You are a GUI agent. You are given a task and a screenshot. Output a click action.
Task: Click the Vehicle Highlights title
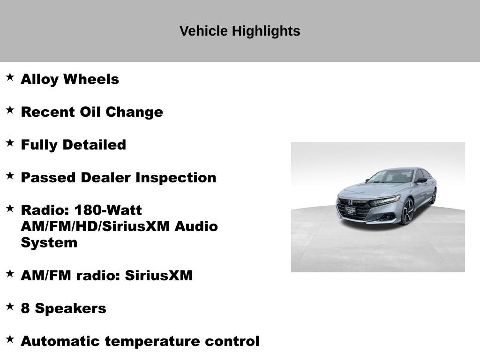(x=240, y=31)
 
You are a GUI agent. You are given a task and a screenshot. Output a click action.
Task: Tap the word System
(x=49, y=243)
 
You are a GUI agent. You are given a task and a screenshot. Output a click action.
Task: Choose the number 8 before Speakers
(x=25, y=308)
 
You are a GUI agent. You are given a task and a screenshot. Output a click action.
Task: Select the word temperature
(x=152, y=341)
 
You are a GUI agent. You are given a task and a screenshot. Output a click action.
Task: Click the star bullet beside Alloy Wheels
(x=10, y=77)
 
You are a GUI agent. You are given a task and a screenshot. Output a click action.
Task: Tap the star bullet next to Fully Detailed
(x=10, y=142)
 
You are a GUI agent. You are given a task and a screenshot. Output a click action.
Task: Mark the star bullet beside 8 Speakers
(x=10, y=306)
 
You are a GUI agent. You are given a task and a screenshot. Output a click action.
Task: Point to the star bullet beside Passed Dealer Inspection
(x=10, y=175)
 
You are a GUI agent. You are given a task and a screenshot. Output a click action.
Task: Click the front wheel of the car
(x=407, y=211)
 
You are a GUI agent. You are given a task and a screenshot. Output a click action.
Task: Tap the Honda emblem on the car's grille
(x=350, y=202)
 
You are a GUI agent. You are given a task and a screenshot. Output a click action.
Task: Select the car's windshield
(x=391, y=177)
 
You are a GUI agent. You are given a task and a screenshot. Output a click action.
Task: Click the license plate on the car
(x=350, y=210)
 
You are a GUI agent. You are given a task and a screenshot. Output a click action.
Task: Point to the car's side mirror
(x=420, y=180)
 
